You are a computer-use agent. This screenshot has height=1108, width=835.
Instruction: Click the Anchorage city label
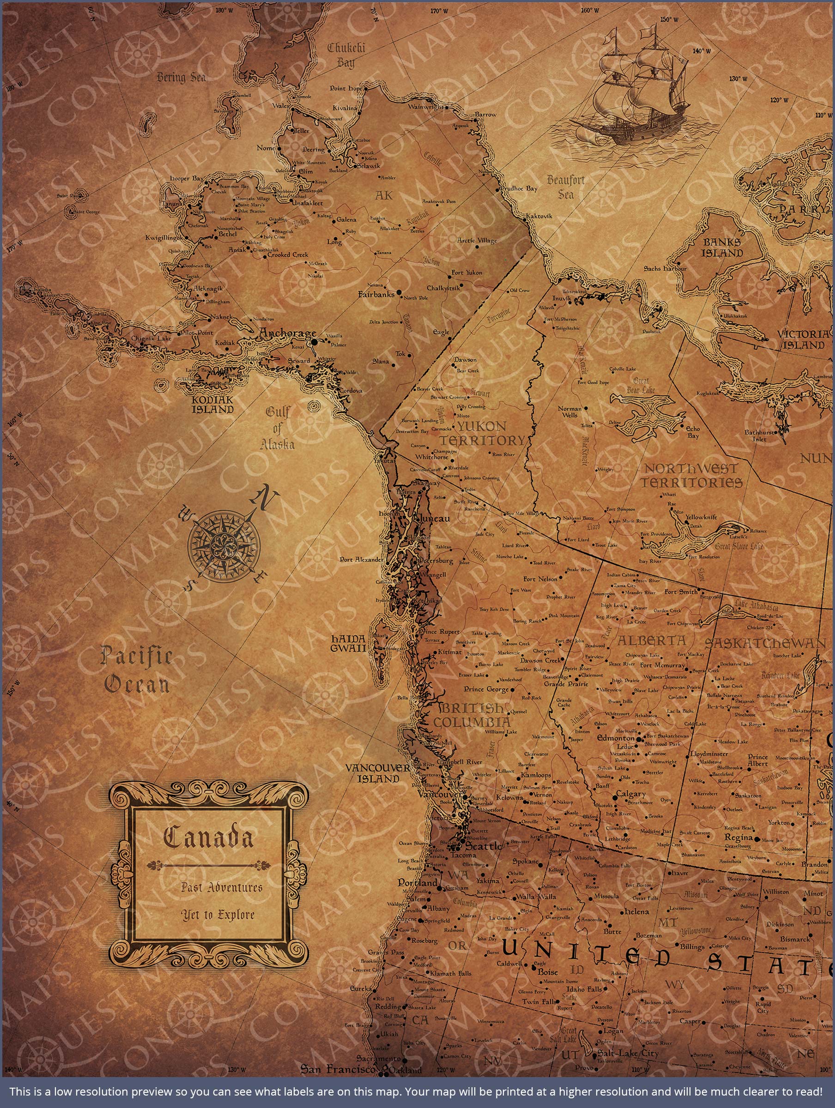point(287,333)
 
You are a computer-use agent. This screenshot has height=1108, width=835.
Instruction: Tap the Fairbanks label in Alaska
point(376,295)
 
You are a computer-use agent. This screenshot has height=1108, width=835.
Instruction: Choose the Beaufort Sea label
point(565,187)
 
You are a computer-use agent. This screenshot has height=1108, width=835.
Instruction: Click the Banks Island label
point(721,247)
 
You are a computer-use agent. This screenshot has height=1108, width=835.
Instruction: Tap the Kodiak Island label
point(213,404)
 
